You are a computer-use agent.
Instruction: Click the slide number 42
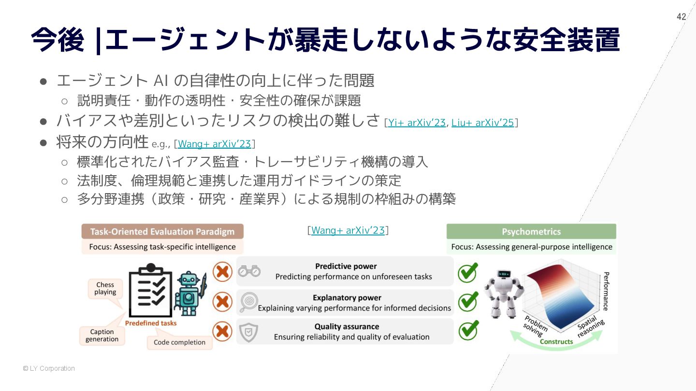681,17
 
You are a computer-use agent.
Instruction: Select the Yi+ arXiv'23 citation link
417,123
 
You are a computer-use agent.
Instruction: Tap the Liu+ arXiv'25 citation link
482,123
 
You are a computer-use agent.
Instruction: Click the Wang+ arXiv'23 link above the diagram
348,230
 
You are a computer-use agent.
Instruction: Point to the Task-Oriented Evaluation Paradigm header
162,232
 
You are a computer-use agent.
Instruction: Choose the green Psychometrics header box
531,232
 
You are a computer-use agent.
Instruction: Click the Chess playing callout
105,289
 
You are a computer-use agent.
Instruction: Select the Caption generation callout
102,335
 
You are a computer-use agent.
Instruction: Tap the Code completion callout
179,342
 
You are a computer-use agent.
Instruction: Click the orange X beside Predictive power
222,272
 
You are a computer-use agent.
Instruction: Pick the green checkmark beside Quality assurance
468,331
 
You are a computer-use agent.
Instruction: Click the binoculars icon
249,271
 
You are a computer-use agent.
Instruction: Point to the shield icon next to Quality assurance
249,332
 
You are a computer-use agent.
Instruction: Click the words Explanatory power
347,298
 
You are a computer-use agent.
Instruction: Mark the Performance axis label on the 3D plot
605,291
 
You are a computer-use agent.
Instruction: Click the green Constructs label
556,342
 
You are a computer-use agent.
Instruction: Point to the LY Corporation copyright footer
49,368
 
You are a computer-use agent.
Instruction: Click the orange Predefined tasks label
151,323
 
